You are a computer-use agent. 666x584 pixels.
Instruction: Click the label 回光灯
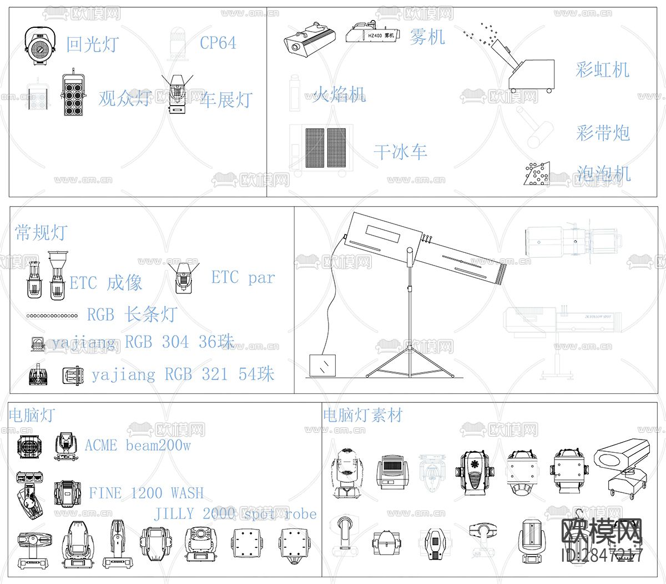point(92,44)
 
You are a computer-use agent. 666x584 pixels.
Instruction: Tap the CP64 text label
point(218,43)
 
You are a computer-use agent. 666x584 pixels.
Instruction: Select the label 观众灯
point(125,98)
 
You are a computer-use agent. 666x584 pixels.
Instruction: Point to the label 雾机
point(427,37)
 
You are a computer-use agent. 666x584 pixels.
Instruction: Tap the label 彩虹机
point(602,70)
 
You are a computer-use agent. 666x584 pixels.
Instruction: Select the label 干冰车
point(400,152)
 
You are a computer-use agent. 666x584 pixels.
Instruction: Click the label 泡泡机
point(603,174)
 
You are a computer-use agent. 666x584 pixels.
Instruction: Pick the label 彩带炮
point(603,133)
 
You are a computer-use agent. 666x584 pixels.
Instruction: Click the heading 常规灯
point(41,232)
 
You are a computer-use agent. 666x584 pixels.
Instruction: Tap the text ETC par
point(243,277)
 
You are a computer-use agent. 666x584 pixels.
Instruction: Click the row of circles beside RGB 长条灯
point(52,316)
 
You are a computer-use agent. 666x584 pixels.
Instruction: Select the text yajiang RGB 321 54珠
point(183,375)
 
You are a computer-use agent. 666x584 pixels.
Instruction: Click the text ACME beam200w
point(137,446)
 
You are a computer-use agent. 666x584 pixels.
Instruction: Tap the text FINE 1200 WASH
point(146,493)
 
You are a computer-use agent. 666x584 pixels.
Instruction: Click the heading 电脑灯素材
point(362,415)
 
